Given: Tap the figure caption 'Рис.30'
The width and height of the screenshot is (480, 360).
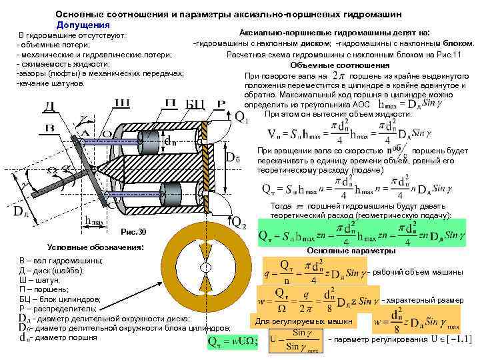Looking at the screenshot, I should coord(133,231).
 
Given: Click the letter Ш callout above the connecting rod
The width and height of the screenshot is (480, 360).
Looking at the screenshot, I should coord(123,103).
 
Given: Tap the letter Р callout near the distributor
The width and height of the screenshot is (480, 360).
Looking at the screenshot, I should coord(220,105).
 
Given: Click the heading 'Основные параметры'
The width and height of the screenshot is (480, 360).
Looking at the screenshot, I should coord(351,251).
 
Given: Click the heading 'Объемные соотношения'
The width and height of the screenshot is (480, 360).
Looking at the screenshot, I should coord(340,65).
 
